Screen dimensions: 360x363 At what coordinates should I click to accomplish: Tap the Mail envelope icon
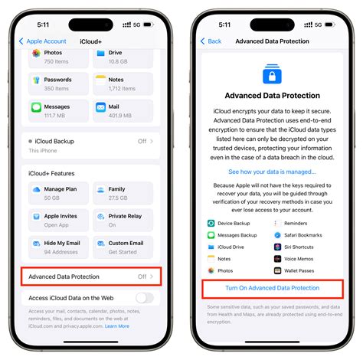pyautogui.click(x=100, y=108)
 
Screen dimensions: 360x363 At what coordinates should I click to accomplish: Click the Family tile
pyautogui.click(x=123, y=192)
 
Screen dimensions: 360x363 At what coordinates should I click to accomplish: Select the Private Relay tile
pyautogui.click(x=123, y=220)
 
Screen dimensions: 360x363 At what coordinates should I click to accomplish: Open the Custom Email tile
pyautogui.click(x=123, y=247)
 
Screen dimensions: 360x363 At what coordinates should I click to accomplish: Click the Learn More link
pyautogui.click(x=116, y=326)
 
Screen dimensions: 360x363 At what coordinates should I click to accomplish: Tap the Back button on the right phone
pyautogui.click(x=211, y=41)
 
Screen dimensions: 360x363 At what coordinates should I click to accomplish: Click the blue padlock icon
pyautogui.click(x=273, y=74)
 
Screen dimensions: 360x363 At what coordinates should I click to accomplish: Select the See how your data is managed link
pyautogui.click(x=272, y=172)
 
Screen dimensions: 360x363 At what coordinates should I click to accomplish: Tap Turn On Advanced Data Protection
pyautogui.click(x=273, y=288)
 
